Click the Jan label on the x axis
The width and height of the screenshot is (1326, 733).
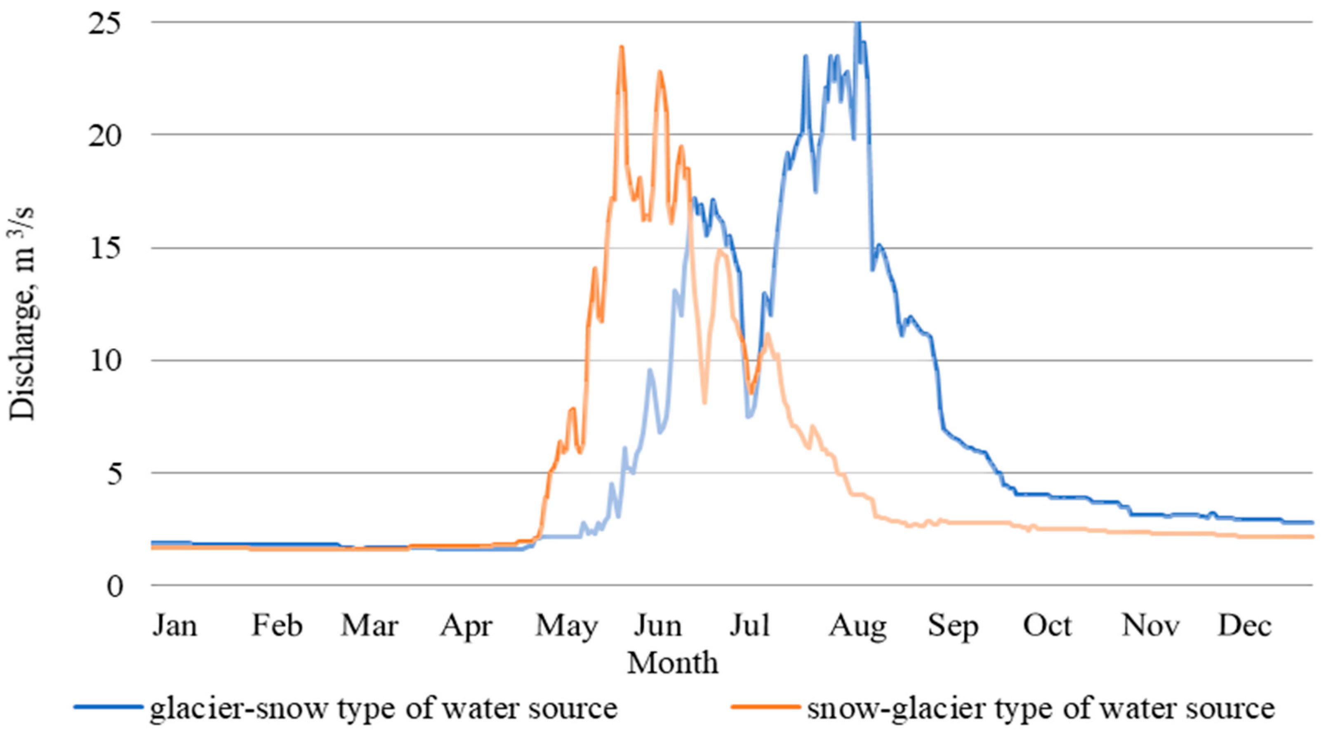point(174,626)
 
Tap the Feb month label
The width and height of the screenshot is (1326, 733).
point(276,626)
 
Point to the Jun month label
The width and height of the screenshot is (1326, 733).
point(657,626)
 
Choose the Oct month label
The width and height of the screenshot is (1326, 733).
point(1047,626)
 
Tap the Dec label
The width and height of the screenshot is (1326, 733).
point(1245,626)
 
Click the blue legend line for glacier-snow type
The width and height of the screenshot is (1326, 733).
point(108,707)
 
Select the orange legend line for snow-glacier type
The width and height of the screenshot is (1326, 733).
point(765,707)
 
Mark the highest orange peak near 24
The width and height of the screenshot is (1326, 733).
point(622,47)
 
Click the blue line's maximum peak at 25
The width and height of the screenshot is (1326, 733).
point(857,23)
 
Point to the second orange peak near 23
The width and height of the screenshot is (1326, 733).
point(659,72)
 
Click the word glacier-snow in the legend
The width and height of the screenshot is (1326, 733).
point(238,708)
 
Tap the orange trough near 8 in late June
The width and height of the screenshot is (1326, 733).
point(704,403)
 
